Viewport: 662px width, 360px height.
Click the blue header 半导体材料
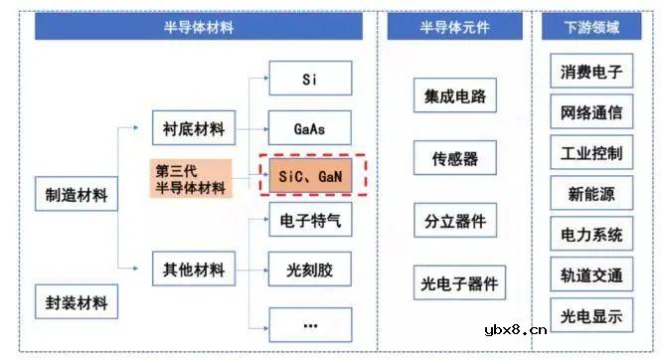pos(198,27)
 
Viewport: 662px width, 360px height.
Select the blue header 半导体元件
pos(453,27)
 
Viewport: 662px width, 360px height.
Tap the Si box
pos(309,79)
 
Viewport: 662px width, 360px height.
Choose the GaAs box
pos(309,128)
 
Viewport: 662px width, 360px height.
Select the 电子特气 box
pos(309,221)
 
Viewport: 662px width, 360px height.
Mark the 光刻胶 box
pos(309,269)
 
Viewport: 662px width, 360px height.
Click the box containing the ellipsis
pos(309,323)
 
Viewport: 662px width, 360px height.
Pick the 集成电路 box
pos(454,96)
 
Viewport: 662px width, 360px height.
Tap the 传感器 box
pos(454,158)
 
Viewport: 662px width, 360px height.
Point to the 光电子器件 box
pos(454,284)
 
